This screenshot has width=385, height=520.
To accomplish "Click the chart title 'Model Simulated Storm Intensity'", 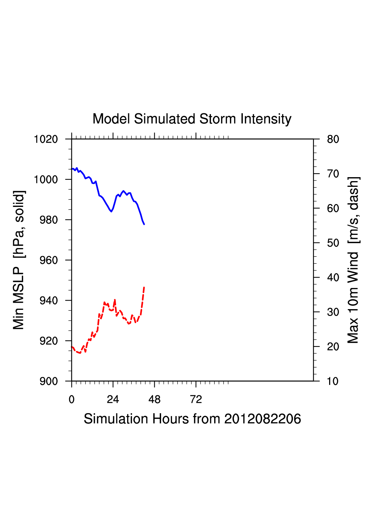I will [x=192, y=119].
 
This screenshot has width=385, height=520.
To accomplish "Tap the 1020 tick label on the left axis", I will [x=46, y=139].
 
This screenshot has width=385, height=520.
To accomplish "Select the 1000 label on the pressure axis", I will [x=46, y=179].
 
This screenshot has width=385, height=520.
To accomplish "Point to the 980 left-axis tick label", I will [x=49, y=220].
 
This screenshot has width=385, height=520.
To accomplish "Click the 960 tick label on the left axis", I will [x=49, y=260].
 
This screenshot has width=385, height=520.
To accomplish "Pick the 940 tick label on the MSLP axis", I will [x=49, y=301].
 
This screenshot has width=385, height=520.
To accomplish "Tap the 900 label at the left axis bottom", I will [x=49, y=381].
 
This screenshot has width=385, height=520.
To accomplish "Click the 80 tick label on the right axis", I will [x=333, y=139].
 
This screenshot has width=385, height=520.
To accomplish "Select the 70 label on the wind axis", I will [x=333, y=174].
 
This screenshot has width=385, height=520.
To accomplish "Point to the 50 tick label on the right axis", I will [x=333, y=243].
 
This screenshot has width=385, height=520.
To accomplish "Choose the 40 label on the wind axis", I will [x=333, y=278].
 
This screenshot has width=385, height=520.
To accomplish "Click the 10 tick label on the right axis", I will [x=333, y=381].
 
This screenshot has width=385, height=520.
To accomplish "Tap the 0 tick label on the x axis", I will [x=72, y=400].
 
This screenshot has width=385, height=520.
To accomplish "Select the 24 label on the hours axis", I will [x=113, y=400].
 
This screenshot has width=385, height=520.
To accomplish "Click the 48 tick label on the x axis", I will [x=154, y=400].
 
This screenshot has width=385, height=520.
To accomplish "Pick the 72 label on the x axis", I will [x=196, y=400].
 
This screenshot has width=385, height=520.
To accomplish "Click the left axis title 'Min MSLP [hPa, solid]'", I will [x=19, y=260].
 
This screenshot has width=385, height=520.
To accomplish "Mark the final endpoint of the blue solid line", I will [x=144, y=224].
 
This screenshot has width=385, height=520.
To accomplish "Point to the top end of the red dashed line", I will [x=144, y=287].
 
